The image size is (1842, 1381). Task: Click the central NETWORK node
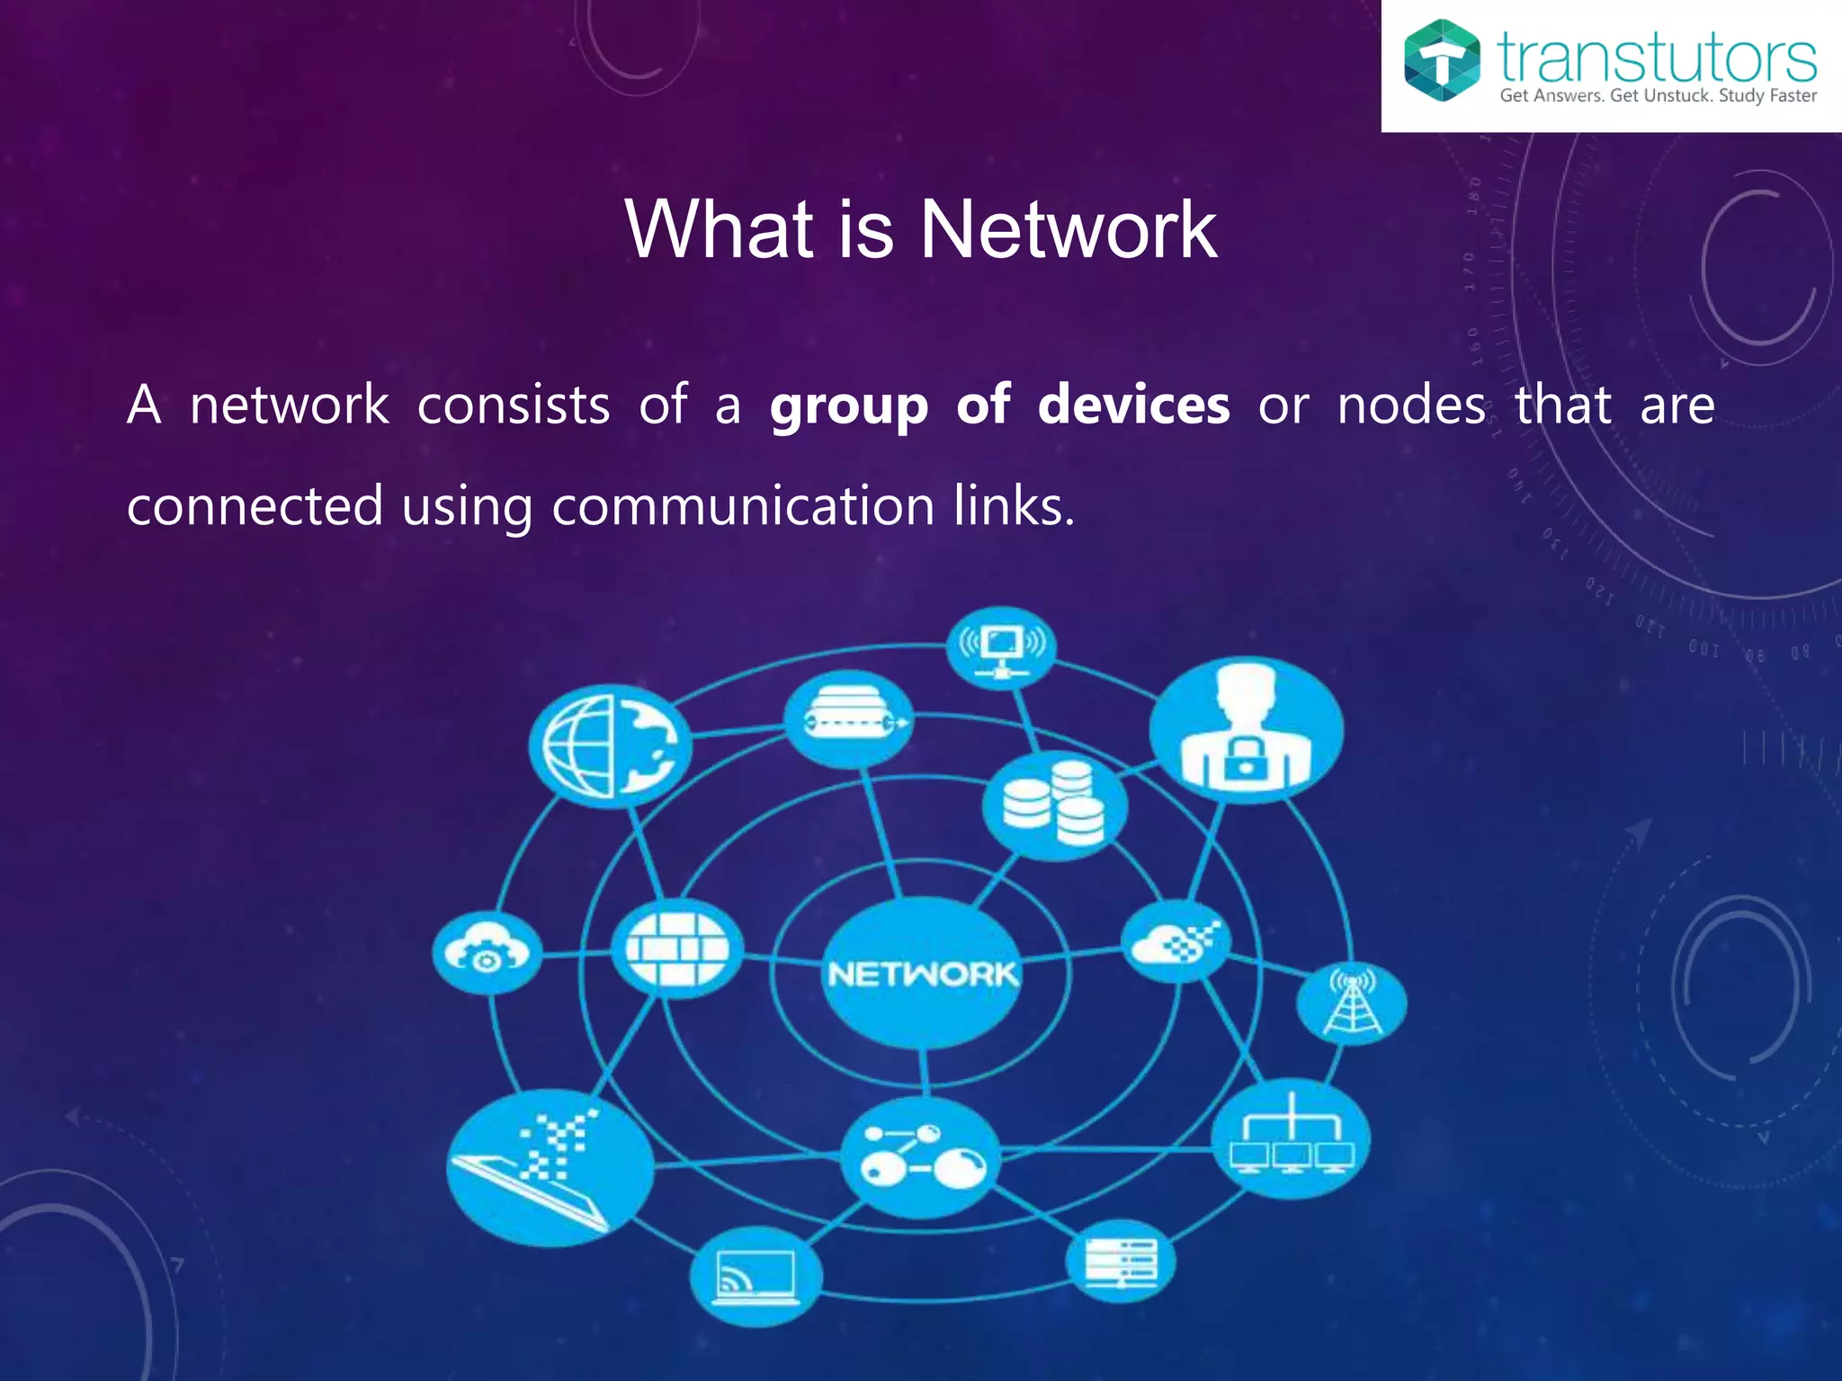(922, 973)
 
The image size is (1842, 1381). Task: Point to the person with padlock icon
(1246, 729)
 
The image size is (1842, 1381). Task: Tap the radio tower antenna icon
(1351, 1003)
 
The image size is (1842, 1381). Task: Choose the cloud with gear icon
(487, 953)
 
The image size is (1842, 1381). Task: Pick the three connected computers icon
(1291, 1138)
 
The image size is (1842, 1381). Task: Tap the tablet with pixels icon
(550, 1167)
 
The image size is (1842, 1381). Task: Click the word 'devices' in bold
(1133, 405)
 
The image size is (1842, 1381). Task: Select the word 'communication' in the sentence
(743, 505)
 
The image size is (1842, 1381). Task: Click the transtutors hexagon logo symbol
(1442, 60)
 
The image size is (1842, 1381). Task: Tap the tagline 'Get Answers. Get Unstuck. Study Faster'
(1658, 95)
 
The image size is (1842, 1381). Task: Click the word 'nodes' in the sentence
(1410, 405)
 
